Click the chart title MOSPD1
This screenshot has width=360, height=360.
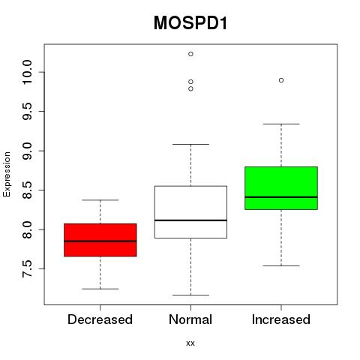pyautogui.click(x=190, y=22)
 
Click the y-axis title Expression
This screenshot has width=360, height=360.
pyautogui.click(x=7, y=174)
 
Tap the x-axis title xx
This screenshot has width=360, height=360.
pyautogui.click(x=190, y=343)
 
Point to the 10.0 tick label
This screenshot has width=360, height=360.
pyautogui.click(x=27, y=72)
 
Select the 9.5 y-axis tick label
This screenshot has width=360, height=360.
pyautogui.click(x=27, y=111)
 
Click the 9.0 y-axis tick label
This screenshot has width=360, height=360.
pyautogui.click(x=27, y=151)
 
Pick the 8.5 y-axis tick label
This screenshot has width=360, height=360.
pyautogui.click(x=27, y=190)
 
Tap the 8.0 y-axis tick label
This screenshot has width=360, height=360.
pyautogui.click(x=27, y=229)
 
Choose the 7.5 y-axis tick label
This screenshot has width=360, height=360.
pyautogui.click(x=27, y=268)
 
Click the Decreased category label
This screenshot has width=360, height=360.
pyautogui.click(x=100, y=319)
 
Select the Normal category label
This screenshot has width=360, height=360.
pyautogui.click(x=190, y=319)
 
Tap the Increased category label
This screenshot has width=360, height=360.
pyautogui.click(x=281, y=319)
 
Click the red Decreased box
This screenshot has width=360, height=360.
pyautogui.click(x=100, y=240)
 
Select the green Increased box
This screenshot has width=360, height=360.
pyautogui.click(x=281, y=188)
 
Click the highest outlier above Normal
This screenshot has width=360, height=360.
pyautogui.click(x=190, y=54)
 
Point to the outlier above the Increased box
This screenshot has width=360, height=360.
pyautogui.click(x=281, y=80)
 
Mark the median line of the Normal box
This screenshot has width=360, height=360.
pyautogui.click(x=190, y=220)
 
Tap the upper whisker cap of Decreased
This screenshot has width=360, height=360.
pyautogui.click(x=100, y=200)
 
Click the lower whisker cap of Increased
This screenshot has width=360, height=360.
pyautogui.click(x=281, y=265)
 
